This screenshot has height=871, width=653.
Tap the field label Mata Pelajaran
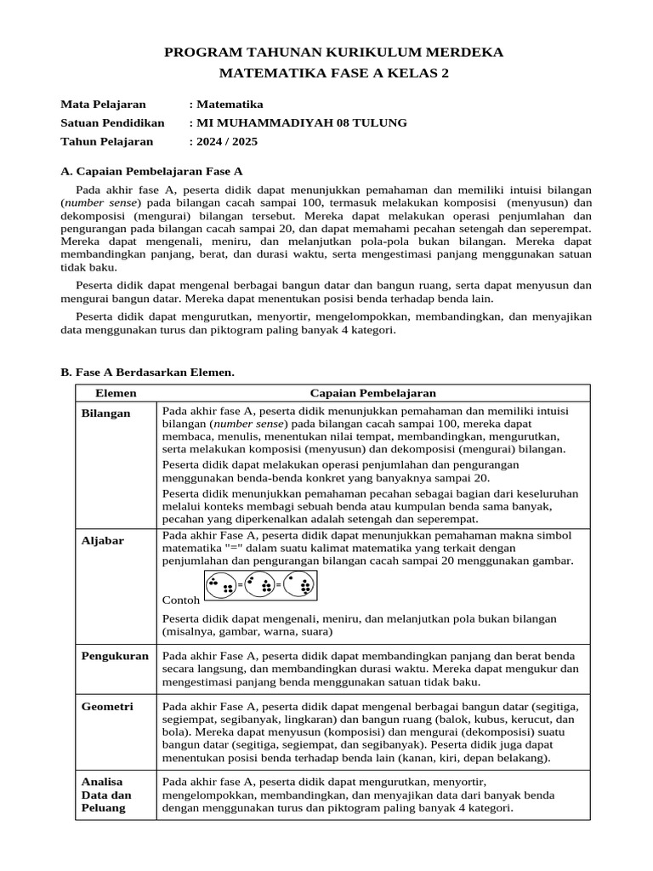[103, 105]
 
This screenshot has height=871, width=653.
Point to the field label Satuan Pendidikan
[112, 122]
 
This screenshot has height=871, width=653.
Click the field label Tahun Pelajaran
[107, 141]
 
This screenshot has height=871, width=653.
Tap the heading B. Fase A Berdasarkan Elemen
[147, 373]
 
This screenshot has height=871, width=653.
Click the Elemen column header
[116, 393]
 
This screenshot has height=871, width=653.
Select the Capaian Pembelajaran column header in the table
[373, 393]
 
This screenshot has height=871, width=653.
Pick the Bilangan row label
[106, 413]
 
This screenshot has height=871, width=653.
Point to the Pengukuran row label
[115, 657]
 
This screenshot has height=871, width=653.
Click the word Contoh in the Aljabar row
[179, 600]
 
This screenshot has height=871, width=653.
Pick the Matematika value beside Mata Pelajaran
[230, 105]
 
